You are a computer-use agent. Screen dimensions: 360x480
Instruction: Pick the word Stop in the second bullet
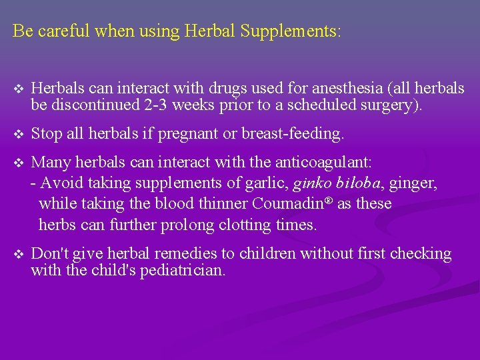tap(46, 134)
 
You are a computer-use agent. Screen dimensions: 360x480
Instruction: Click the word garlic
tap(269, 182)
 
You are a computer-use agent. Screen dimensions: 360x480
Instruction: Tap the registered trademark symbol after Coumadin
tap(329, 200)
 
